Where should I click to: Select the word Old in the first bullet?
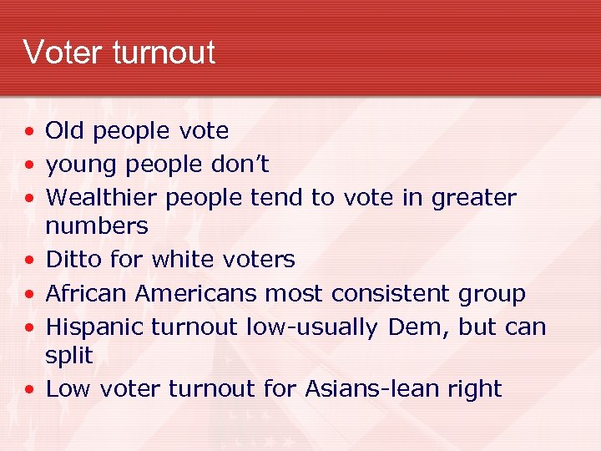pos(65,131)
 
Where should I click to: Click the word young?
pos(82,165)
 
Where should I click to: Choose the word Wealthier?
pos(102,198)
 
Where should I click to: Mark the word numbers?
pos(97,226)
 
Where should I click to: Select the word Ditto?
pos(74,260)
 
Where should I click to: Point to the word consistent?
pos(383,294)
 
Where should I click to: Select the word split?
pos(68,356)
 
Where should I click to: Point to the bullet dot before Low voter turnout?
pos(29,390)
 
